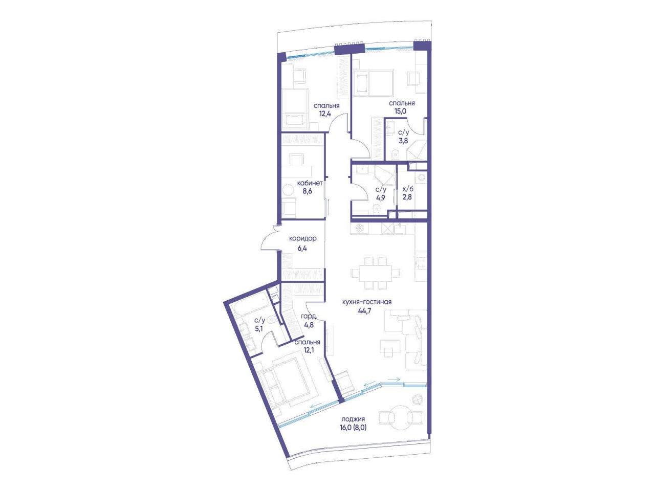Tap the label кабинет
(x=310, y=183)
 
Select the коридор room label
(x=302, y=238)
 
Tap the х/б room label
(x=407, y=189)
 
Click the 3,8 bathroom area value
(x=403, y=141)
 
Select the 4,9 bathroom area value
(x=381, y=197)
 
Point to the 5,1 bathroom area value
(x=259, y=328)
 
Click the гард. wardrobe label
(x=309, y=317)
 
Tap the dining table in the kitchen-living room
(x=376, y=273)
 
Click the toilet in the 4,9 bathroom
(x=376, y=209)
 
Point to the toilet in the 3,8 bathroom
(x=395, y=155)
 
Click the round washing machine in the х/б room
(x=422, y=177)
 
